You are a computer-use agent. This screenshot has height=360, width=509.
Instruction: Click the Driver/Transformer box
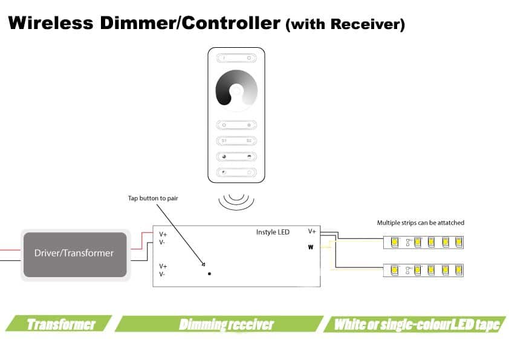74,254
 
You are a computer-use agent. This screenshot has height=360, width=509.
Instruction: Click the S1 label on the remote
224,141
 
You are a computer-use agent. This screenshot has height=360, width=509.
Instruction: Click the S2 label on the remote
248,141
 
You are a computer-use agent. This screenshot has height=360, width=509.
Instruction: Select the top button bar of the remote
236,58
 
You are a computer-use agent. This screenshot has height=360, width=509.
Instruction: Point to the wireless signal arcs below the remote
236,201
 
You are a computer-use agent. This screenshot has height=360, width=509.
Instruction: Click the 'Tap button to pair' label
153,198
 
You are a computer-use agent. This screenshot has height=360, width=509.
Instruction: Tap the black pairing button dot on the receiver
209,274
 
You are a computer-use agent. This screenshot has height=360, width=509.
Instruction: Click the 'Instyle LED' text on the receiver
273,232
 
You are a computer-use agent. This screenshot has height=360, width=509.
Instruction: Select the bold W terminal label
311,247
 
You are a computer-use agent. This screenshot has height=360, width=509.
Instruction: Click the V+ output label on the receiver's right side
312,231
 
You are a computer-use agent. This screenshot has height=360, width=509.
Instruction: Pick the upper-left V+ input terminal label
163,234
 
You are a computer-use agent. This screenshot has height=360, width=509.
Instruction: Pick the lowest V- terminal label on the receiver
163,274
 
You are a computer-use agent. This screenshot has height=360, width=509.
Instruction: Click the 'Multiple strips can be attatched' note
421,223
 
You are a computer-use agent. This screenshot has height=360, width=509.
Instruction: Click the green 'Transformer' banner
61,324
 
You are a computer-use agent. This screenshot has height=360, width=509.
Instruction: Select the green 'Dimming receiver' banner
226,324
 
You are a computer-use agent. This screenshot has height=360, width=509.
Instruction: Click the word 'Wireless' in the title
51,24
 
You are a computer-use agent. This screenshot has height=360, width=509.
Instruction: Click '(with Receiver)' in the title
345,25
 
